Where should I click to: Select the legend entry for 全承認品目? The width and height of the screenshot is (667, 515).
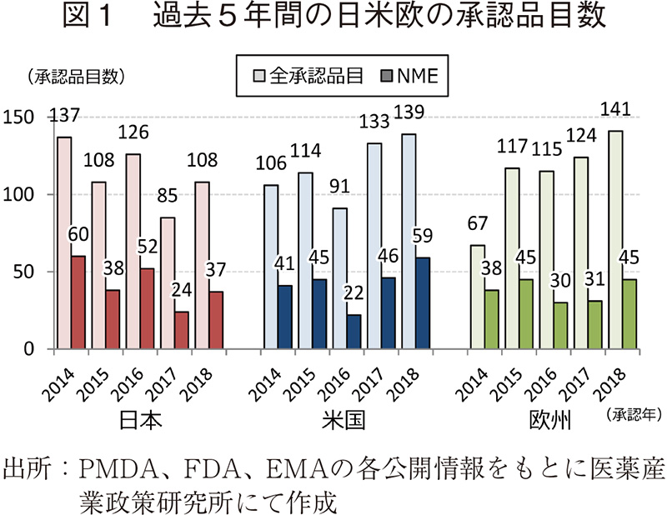tap(309, 77)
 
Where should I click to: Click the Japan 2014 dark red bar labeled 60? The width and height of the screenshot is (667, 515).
tap(78, 302)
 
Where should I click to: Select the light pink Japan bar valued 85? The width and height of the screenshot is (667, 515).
tap(168, 282)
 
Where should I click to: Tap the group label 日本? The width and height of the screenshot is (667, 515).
tap(132, 420)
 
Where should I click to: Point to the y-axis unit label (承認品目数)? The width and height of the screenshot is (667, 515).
tap(75, 77)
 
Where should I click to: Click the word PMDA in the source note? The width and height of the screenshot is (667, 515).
tap(113, 465)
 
